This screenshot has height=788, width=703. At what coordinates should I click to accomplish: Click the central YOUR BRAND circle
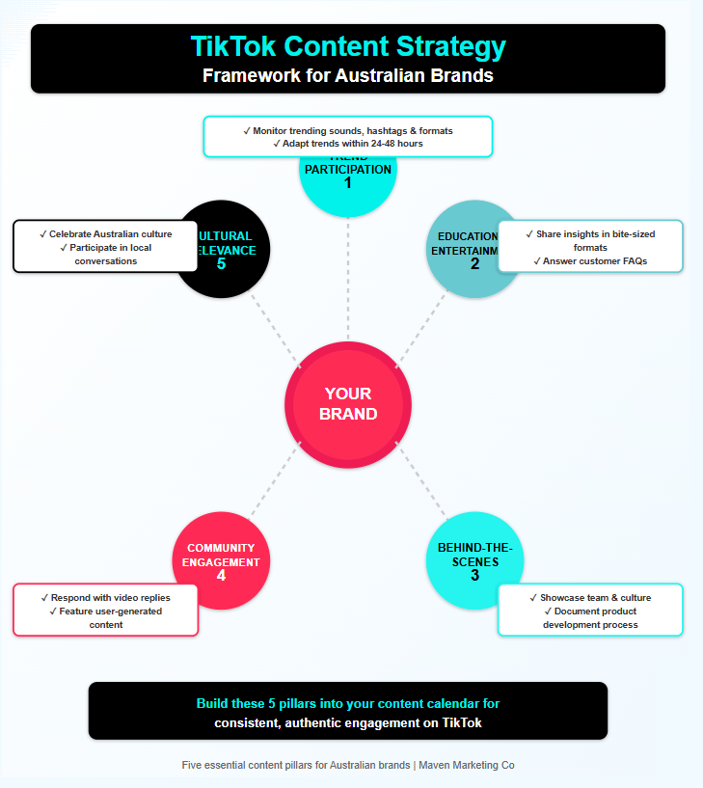[x=348, y=403]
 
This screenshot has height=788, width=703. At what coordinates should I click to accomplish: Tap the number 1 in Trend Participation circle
[x=348, y=183]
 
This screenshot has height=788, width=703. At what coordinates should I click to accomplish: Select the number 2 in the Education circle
[x=474, y=263]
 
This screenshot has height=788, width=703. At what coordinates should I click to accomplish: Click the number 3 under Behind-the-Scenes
[x=474, y=575]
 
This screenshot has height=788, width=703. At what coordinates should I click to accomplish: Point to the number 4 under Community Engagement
[x=221, y=576]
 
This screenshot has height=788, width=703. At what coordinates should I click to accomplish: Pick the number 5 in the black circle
[x=221, y=263]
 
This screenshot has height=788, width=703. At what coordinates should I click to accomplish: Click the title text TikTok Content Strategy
[x=348, y=47]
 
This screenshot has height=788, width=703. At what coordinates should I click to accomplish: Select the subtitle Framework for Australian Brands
[x=348, y=75]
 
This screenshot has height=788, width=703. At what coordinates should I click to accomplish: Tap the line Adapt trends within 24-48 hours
[x=348, y=143]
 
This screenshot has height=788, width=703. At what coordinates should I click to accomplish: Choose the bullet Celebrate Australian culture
[x=106, y=234]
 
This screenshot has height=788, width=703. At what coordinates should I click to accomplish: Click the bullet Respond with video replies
[x=106, y=598]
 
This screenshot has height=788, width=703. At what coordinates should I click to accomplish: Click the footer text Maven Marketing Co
[x=467, y=765]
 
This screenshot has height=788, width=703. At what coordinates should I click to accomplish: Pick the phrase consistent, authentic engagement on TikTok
[x=348, y=722]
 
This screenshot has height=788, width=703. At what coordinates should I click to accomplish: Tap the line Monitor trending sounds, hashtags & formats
[x=348, y=130]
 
